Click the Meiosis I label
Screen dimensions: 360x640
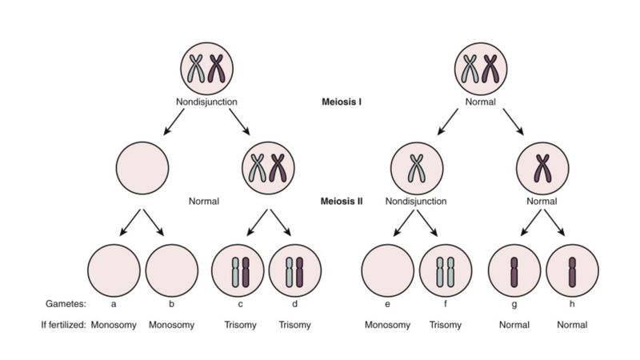click(341, 102)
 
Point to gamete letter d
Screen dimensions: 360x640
click(294, 304)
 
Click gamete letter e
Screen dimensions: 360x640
click(388, 304)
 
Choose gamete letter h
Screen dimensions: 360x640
click(571, 304)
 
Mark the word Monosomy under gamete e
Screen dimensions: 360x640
click(388, 326)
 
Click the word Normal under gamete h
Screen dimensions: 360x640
click(571, 326)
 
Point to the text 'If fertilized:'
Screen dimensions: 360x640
click(62, 326)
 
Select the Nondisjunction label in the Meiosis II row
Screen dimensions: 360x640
click(416, 201)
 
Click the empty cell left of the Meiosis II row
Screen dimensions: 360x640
click(142, 166)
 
